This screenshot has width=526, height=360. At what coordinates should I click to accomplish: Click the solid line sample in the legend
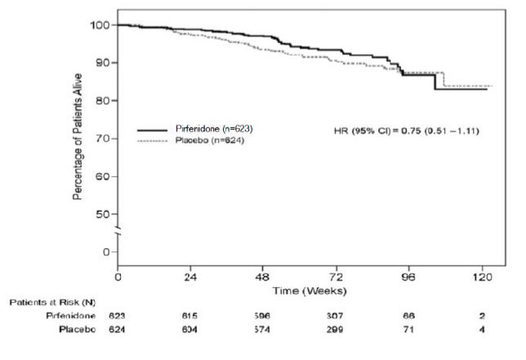click(158, 130)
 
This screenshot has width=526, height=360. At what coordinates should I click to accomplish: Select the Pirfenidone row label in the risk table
click(71, 315)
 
